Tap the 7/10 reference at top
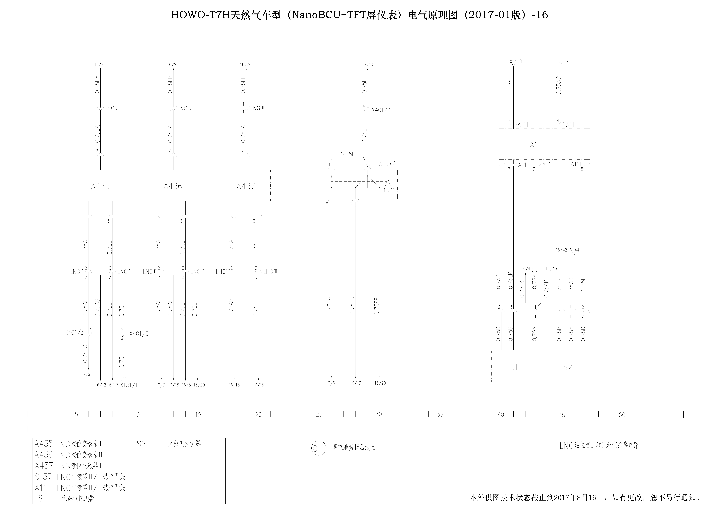[x=369, y=65]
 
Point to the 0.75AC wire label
[x=559, y=85]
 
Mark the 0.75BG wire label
[x=85, y=354]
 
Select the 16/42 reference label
[x=561, y=250]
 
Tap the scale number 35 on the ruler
[x=440, y=414]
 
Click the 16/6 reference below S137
[x=330, y=383]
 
